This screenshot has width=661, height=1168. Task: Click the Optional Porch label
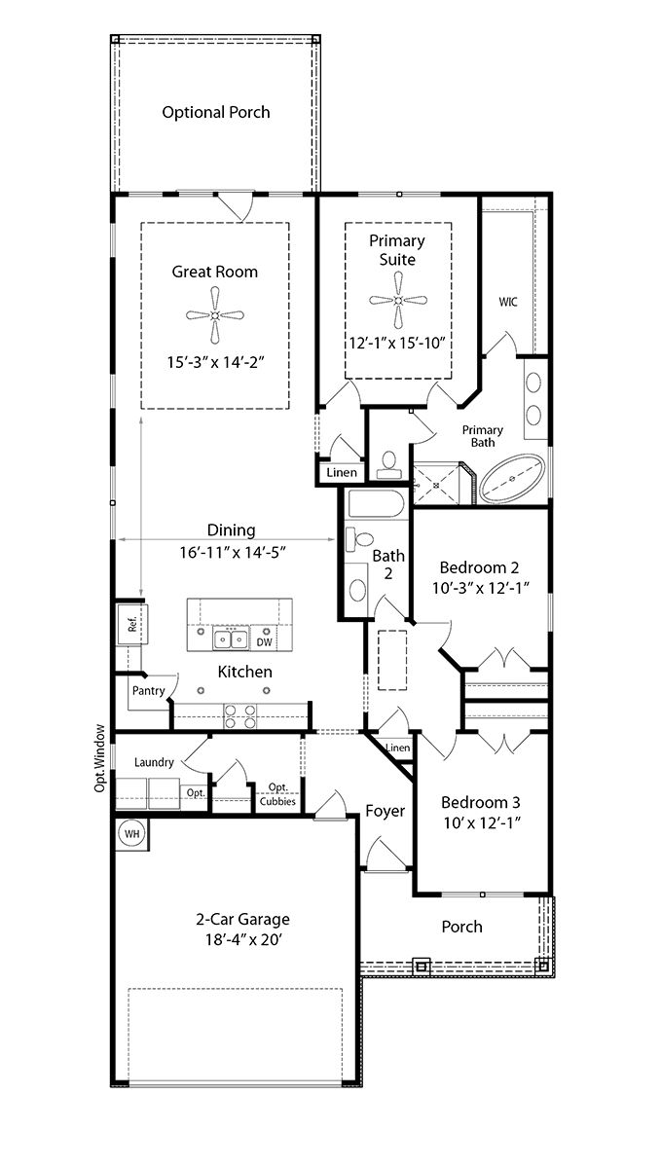click(216, 112)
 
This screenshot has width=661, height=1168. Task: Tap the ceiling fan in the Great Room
click(215, 315)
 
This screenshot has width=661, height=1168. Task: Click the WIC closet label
click(508, 302)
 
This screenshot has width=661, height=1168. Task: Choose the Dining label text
click(231, 530)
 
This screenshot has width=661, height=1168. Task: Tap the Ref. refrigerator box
click(131, 624)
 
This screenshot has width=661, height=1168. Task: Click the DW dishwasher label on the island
click(264, 642)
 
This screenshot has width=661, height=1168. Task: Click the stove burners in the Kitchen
click(240, 716)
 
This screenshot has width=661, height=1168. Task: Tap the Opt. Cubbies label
click(277, 794)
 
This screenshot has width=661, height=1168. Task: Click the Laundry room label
click(154, 762)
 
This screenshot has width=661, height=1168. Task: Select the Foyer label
click(386, 811)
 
